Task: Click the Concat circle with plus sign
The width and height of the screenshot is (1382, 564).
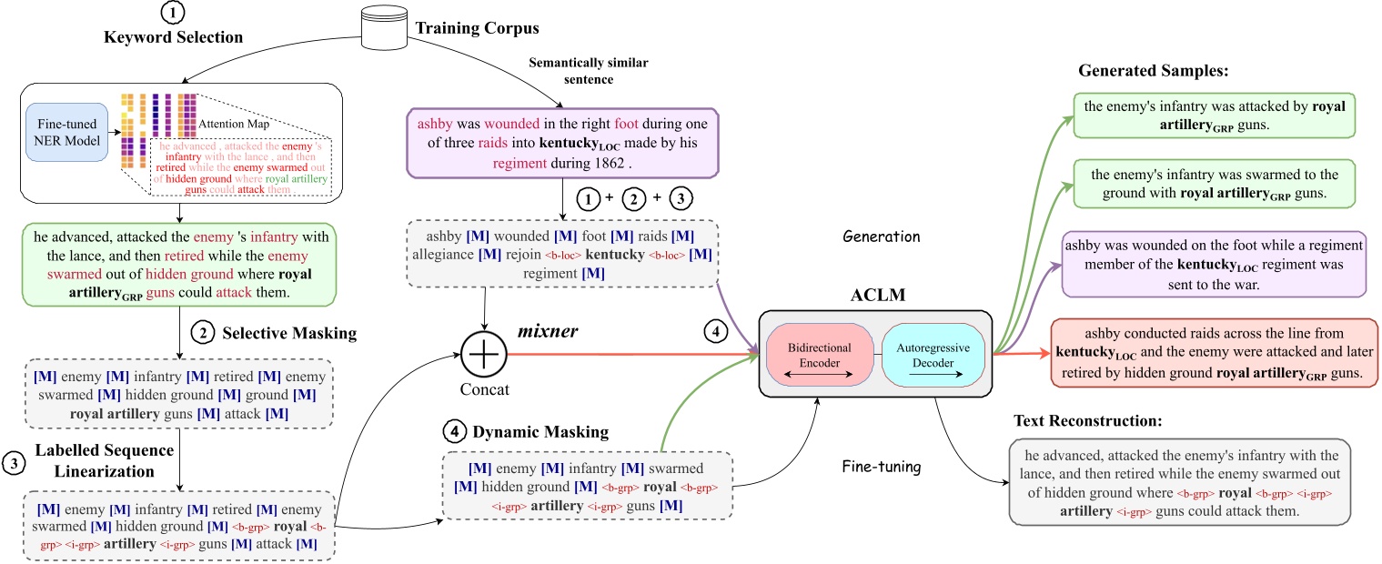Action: [x=484, y=350]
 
